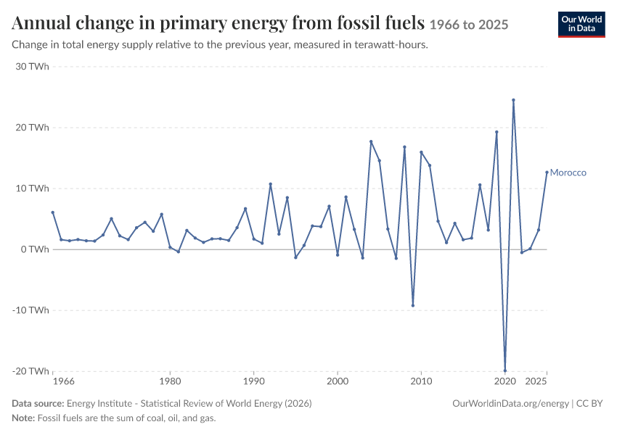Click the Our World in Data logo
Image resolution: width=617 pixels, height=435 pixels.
click(581, 25)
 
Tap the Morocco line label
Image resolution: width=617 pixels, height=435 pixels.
click(568, 173)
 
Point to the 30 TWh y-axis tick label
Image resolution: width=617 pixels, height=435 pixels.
click(32, 67)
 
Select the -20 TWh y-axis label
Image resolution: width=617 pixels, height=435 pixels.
click(30, 371)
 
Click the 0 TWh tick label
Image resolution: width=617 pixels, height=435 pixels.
click(35, 249)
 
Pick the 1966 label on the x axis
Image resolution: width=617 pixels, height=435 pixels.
click(64, 381)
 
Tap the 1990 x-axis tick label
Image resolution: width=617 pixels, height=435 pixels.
click(254, 381)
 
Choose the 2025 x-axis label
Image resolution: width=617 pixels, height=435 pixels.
click(536, 381)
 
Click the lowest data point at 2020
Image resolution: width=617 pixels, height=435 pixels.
click(505, 370)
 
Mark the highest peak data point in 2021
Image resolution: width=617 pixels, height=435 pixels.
click(513, 100)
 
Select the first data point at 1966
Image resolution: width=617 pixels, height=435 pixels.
click(53, 212)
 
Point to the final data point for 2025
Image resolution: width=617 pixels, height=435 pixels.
click(547, 172)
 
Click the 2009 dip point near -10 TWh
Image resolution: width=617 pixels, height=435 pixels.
click(413, 305)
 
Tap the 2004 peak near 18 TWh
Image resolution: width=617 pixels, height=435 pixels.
click(371, 141)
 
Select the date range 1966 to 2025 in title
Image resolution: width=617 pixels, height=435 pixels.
click(469, 25)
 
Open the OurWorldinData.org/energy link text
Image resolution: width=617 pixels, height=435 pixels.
click(511, 404)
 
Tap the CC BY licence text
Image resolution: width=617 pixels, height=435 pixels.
click(589, 404)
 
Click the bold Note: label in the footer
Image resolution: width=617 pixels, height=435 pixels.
click(24, 418)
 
